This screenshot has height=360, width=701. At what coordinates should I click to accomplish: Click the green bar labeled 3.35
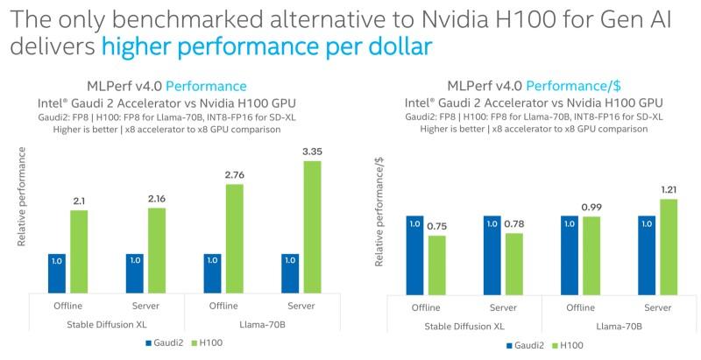point(313,227)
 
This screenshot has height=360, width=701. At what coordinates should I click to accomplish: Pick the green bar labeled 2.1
point(80,251)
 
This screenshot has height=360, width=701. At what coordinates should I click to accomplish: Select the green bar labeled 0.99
point(591,253)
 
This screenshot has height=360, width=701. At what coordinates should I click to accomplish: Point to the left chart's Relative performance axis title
point(22,196)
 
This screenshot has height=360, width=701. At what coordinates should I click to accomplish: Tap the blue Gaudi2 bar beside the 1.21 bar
point(648,253)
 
